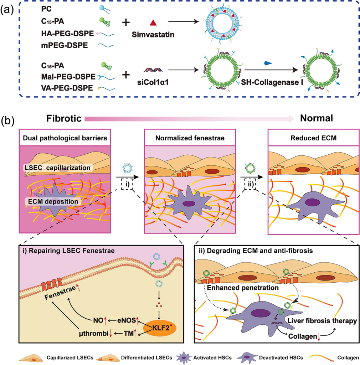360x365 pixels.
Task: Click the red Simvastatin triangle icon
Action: point(153,23)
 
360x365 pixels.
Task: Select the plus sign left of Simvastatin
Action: point(126,22)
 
